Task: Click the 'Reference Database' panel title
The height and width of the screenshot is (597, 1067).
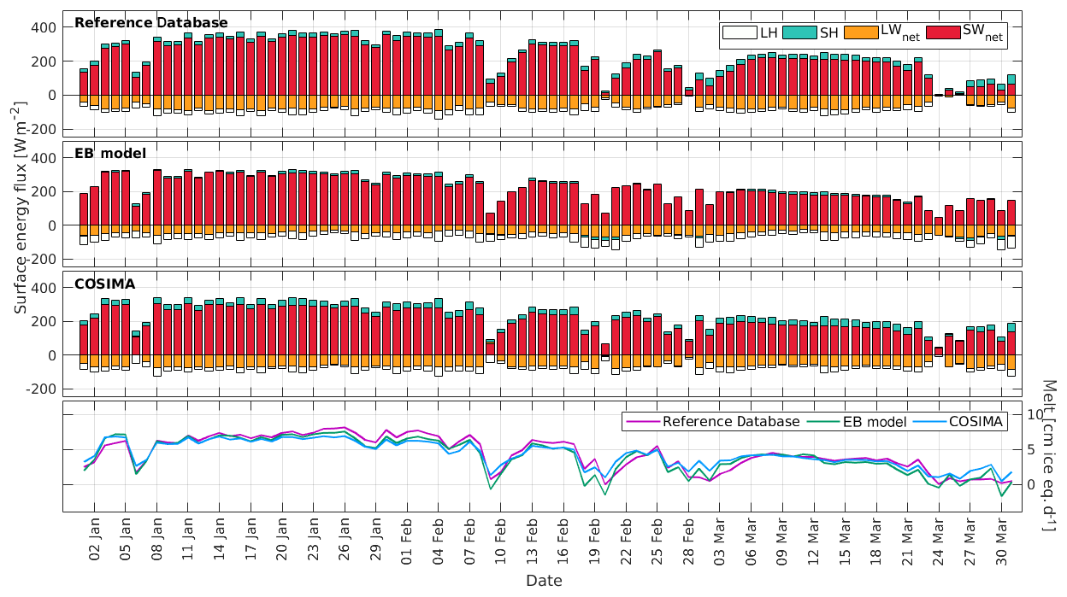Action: pos(151,22)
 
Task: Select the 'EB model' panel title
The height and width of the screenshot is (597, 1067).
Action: pos(110,153)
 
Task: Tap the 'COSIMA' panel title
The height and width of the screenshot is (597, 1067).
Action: pos(105,283)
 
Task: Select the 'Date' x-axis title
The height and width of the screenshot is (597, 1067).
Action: pos(544,581)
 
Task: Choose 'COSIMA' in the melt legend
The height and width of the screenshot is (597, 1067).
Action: pos(975,421)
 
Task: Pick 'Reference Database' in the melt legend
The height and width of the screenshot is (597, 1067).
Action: pos(731,421)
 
